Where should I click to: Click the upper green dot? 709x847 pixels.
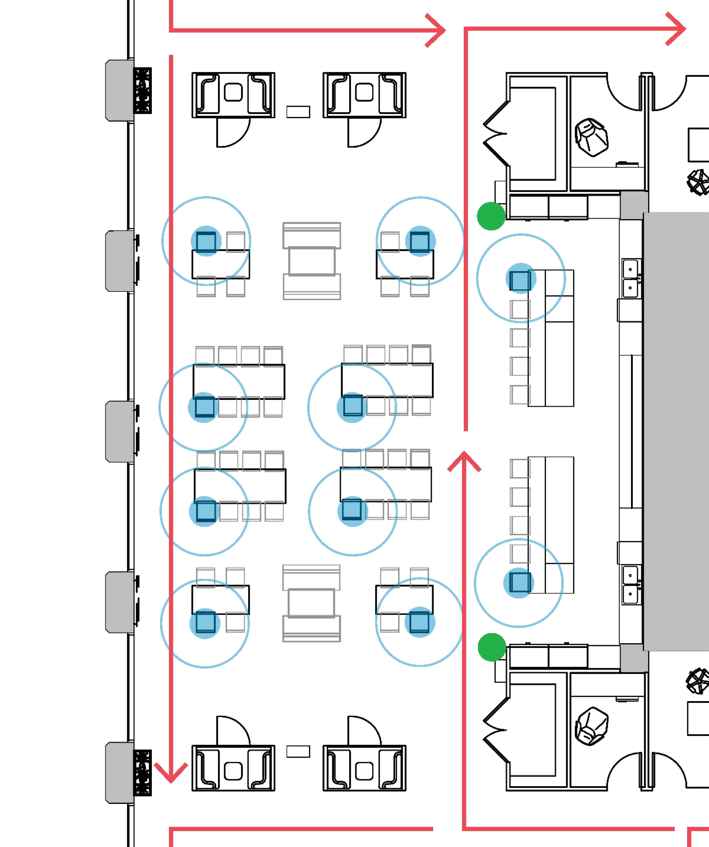pyautogui.click(x=491, y=216)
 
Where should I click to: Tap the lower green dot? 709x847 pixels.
pyautogui.click(x=492, y=647)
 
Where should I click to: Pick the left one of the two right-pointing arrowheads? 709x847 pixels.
pyautogui.click(x=437, y=30)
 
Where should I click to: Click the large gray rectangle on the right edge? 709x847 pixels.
pyautogui.click(x=677, y=431)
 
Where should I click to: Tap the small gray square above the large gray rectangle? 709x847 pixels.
pyautogui.click(x=634, y=205)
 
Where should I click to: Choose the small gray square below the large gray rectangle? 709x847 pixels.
pyautogui.click(x=634, y=658)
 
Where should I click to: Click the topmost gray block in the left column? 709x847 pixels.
pyautogui.click(x=120, y=90)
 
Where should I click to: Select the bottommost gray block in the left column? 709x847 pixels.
pyautogui.click(x=120, y=773)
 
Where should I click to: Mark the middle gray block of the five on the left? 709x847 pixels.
pyautogui.click(x=120, y=432)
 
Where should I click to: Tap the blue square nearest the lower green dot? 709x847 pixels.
pyautogui.click(x=519, y=583)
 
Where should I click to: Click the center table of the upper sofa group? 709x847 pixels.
pyautogui.click(x=312, y=261)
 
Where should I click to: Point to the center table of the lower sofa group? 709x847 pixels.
pyautogui.click(x=311, y=603)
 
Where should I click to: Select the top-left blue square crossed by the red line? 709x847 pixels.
pyautogui.click(x=206, y=241)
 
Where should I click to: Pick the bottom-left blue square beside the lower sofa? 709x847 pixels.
pyautogui.click(x=205, y=623)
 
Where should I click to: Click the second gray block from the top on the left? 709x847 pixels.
pyautogui.click(x=120, y=261)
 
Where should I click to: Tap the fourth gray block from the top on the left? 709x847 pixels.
pyautogui.click(x=120, y=602)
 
